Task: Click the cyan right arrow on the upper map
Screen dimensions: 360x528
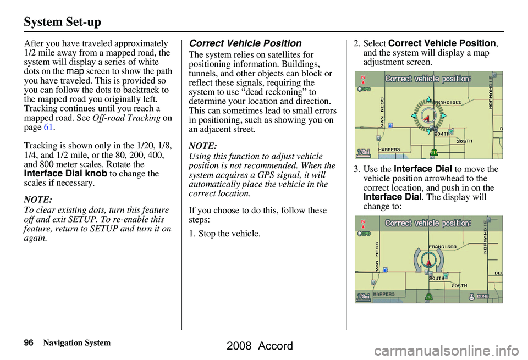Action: point(443,116)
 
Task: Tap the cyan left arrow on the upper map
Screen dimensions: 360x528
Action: point(414,116)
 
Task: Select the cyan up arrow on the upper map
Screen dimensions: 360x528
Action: point(428,100)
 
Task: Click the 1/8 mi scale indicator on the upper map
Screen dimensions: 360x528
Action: point(364,152)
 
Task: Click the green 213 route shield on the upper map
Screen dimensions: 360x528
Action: point(434,152)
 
